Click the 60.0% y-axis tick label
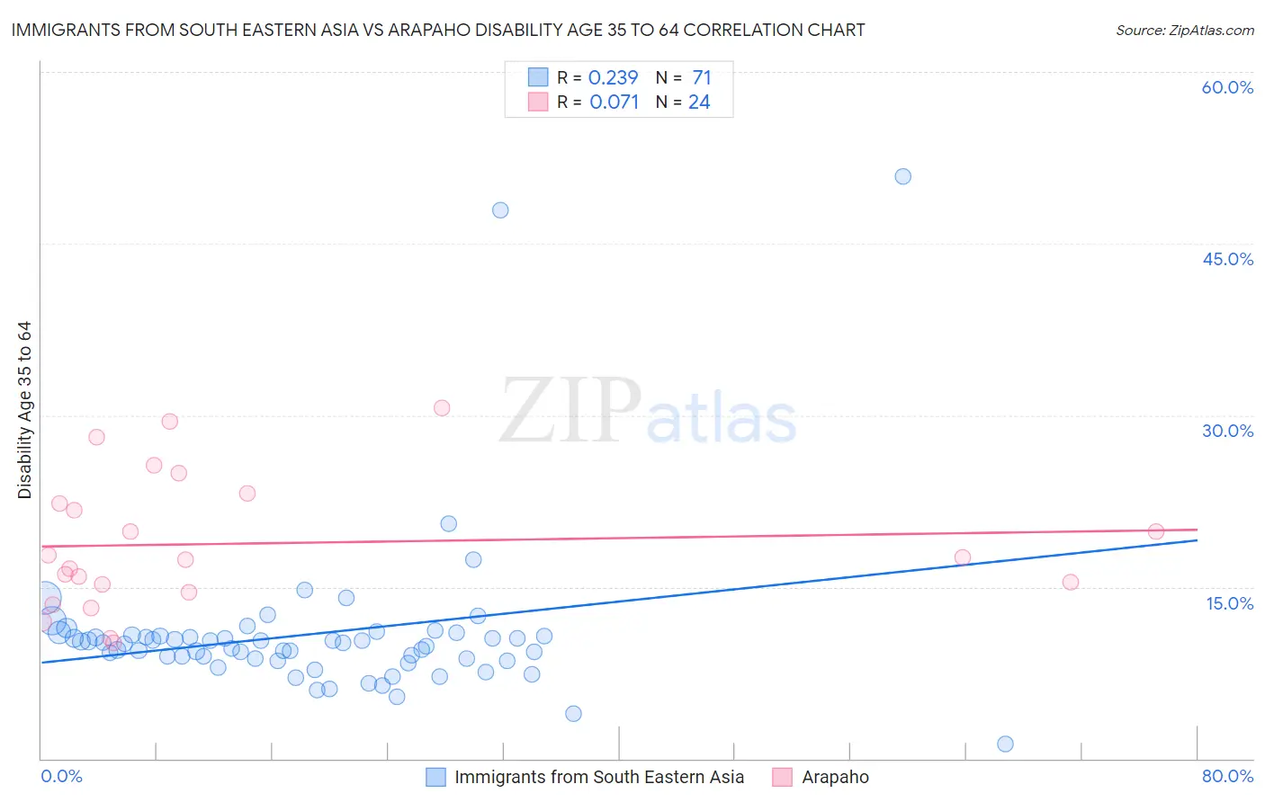tap(1227, 87)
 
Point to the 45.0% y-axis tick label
tap(1227, 259)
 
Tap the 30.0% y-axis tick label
tap(1227, 431)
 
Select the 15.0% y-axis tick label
tap(1229, 603)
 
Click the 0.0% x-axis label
tap(61, 776)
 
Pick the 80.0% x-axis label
tap(1227, 776)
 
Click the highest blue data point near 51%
tap(902, 176)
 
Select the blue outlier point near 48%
tap(500, 210)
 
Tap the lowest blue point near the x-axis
tap(1005, 744)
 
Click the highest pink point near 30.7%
tap(442, 408)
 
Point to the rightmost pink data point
tap(1156, 531)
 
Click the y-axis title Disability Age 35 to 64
tap(24, 410)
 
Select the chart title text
tap(438, 30)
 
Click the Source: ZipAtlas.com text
tap(1184, 31)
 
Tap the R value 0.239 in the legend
tap(613, 78)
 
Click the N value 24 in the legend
tap(699, 102)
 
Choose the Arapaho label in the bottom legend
tap(835, 777)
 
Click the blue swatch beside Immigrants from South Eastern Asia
tap(435, 777)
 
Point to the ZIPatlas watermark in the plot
tap(648, 412)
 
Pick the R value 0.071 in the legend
tap(614, 102)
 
